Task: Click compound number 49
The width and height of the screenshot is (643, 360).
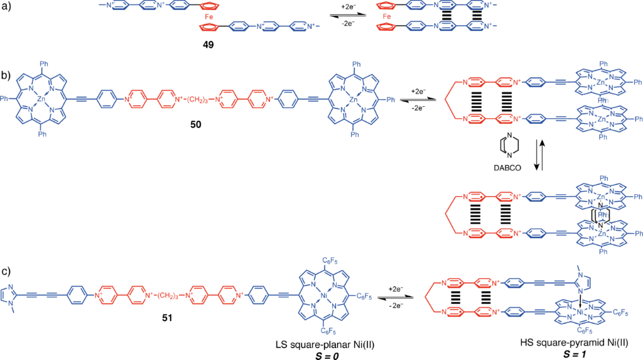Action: tap(202, 46)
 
